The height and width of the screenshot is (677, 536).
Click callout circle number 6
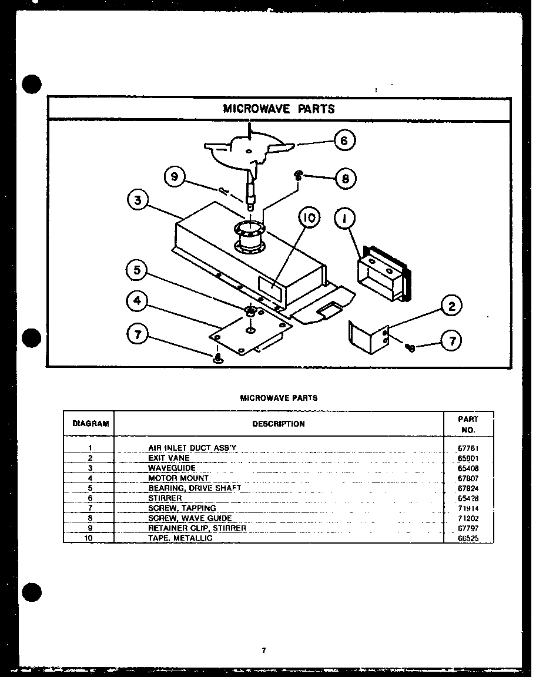(344, 140)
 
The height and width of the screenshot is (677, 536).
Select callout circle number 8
(346, 179)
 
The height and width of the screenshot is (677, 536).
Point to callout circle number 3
(137, 200)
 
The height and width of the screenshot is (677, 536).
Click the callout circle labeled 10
(310, 218)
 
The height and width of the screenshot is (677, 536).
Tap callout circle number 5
(137, 270)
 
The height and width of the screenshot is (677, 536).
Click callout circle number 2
(451, 306)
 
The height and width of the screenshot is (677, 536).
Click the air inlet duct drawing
(383, 274)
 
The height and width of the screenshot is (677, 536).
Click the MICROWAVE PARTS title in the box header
(279, 109)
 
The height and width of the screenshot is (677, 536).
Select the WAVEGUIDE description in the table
(172, 468)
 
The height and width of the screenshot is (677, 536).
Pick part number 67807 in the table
(468, 478)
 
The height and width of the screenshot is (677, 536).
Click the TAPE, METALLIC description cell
(180, 538)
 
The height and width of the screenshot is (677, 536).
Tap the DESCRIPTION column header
(279, 424)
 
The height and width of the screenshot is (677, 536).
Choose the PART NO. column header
(468, 424)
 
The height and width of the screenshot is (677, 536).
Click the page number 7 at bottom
(264, 650)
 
